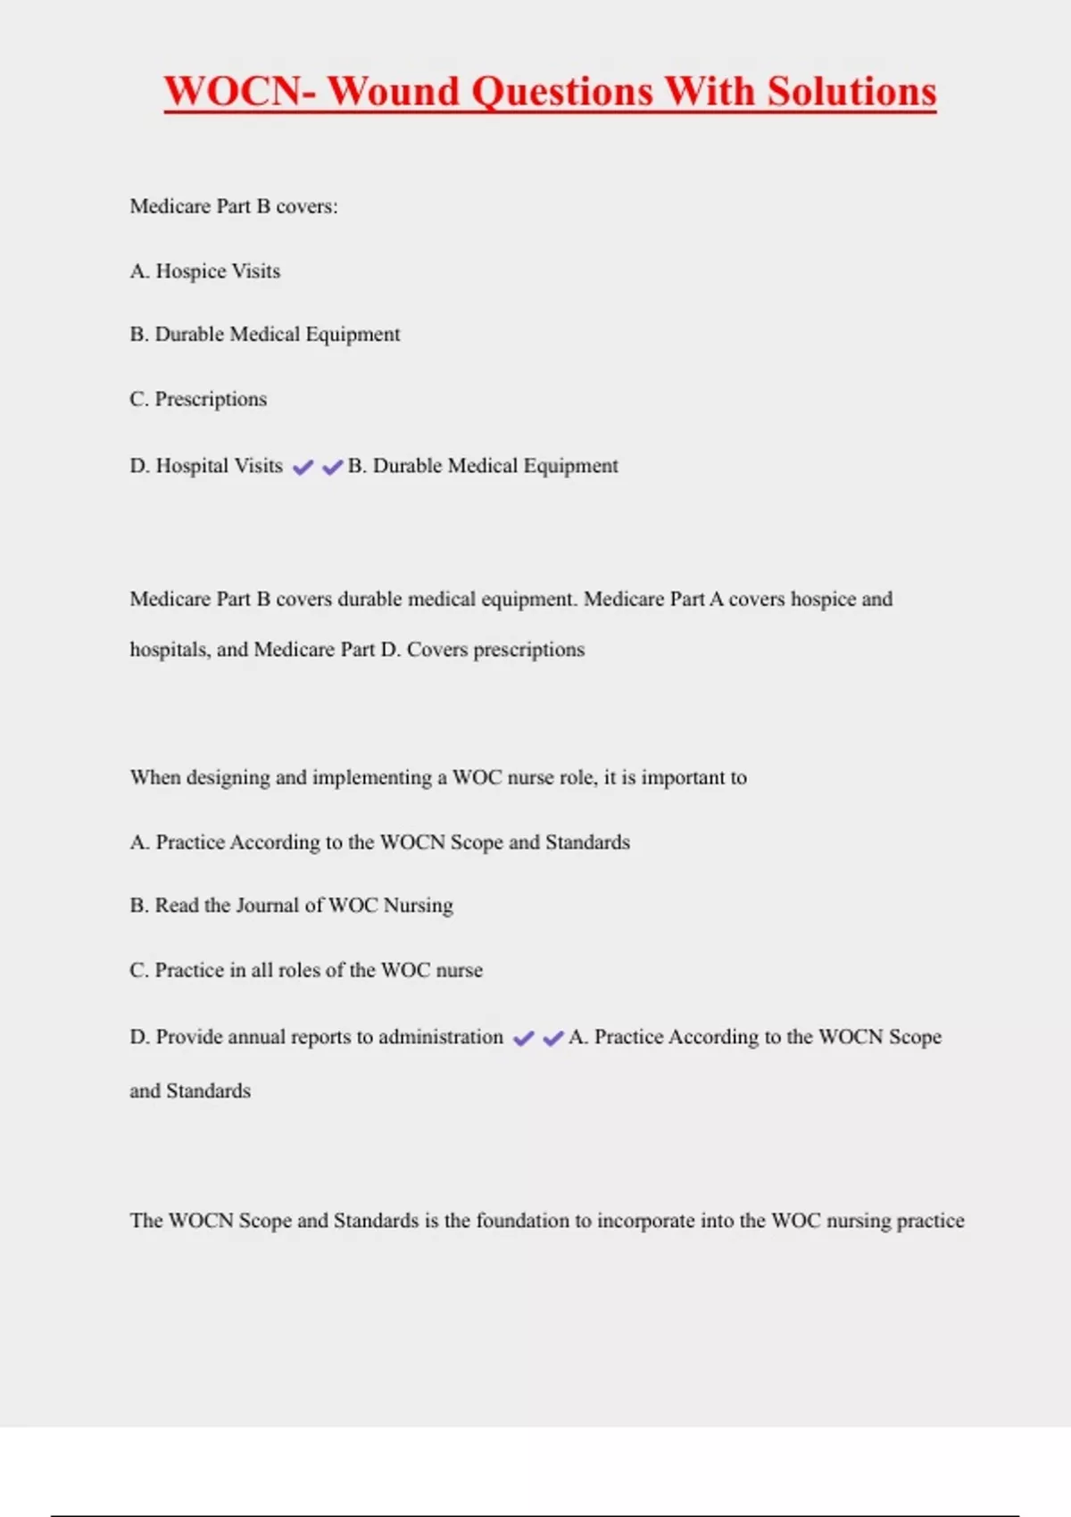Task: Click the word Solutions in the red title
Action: pos(851,92)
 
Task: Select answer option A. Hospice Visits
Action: pos(205,271)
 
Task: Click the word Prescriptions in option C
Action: pos(211,399)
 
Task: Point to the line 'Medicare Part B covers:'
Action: pos(234,207)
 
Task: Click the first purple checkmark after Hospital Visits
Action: pos(303,468)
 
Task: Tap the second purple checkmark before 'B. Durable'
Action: pos(332,468)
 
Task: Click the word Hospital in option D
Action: pos(192,466)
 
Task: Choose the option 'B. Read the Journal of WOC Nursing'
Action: pos(291,906)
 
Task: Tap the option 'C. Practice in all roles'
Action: pos(306,970)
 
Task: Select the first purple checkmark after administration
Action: pos(524,1039)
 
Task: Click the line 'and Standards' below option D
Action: pos(190,1091)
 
